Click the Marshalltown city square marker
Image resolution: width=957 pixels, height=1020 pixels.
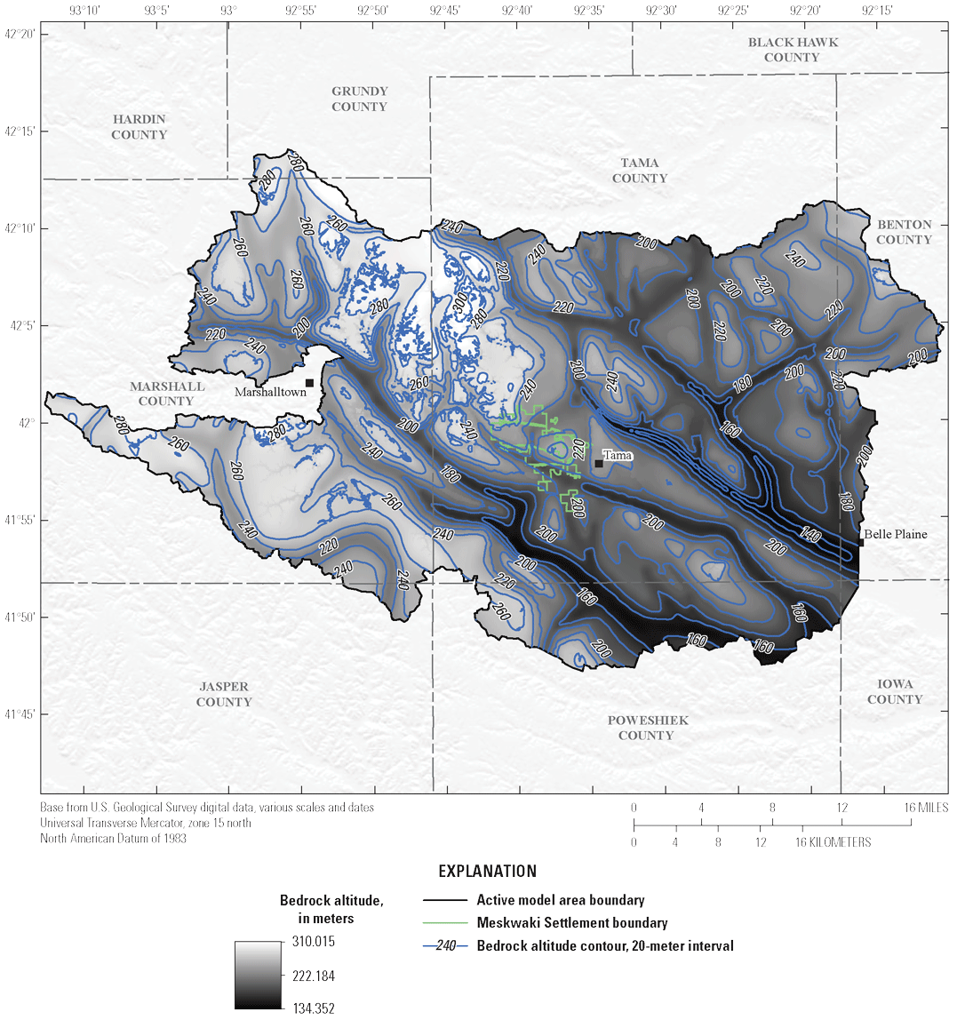(x=309, y=383)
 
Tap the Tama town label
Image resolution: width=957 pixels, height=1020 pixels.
(x=618, y=456)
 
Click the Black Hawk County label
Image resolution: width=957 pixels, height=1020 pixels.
(x=792, y=50)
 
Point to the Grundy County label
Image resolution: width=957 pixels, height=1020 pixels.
(x=359, y=99)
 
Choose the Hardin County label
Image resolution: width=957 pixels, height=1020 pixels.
(x=139, y=127)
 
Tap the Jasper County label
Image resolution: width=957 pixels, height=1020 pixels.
(x=224, y=694)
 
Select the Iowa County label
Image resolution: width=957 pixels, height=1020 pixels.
(x=895, y=691)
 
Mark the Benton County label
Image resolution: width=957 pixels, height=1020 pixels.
(x=904, y=232)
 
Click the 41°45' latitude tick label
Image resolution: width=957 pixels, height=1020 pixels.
(x=20, y=713)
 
